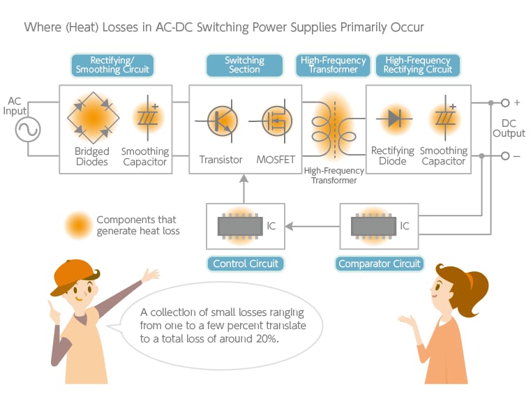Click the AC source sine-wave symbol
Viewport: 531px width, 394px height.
pos(28,129)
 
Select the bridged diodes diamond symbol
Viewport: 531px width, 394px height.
pos(92,119)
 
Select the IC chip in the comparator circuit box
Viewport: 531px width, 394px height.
pos(374,225)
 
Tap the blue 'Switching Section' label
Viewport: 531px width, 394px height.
pos(244,66)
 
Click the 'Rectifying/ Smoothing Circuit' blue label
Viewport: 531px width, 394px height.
pos(112,66)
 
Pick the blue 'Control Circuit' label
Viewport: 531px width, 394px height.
pos(245,264)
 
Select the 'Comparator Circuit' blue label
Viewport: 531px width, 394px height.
pos(380,264)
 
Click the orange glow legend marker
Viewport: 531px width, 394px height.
pos(77,225)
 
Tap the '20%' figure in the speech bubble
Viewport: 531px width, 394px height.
pos(264,339)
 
